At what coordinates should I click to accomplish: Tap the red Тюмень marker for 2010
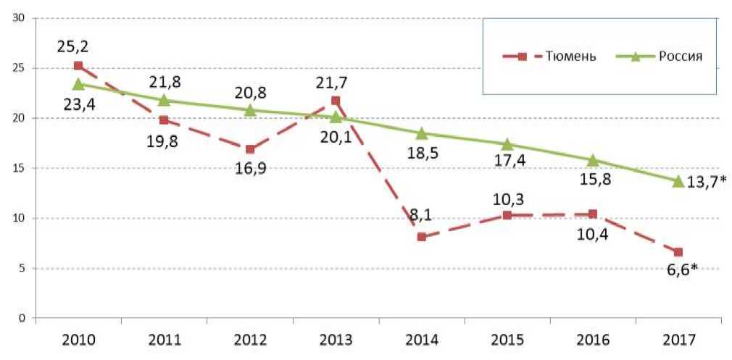(78, 66)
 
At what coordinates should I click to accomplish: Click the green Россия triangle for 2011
(164, 100)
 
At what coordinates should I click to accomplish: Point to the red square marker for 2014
(421, 237)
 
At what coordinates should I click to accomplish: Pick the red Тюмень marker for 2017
(678, 252)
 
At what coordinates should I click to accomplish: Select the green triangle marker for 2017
(678, 181)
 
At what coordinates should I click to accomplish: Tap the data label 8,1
(421, 215)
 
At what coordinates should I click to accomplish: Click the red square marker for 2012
(250, 149)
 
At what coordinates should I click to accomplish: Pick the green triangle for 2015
(507, 144)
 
